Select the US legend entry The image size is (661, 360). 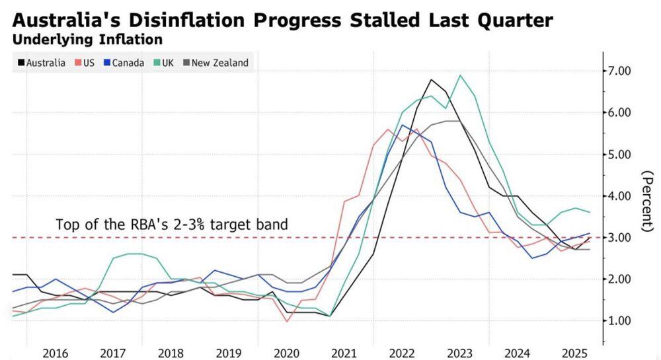(x=84, y=63)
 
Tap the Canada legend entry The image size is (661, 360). (x=124, y=63)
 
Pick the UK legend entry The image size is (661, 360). (x=163, y=63)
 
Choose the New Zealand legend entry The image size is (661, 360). (x=215, y=63)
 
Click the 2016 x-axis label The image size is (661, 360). (x=55, y=353)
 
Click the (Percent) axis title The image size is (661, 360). (x=648, y=201)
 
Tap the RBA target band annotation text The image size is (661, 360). (x=172, y=224)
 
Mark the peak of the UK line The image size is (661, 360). (x=461, y=75)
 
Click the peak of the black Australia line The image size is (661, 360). (x=431, y=80)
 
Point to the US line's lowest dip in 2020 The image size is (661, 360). (x=288, y=322)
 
